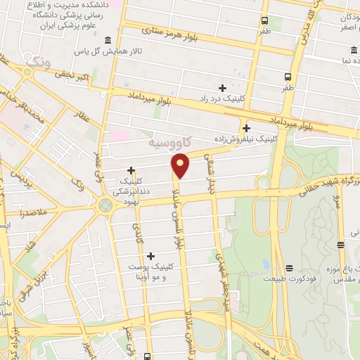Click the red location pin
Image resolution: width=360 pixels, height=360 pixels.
pos(181,166)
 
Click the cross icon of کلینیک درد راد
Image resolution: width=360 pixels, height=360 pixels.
pos(223,88)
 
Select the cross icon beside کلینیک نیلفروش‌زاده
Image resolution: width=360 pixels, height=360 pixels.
pos(246,128)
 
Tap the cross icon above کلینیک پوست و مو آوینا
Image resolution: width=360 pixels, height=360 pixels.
pos(151,255)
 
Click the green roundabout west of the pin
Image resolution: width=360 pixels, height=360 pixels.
pos(105,205)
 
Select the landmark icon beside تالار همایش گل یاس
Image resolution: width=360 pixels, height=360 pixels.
pos(107,41)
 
